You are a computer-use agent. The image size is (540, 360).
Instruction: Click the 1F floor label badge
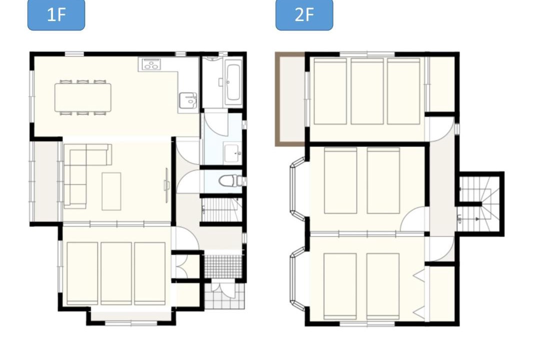pos(56,15)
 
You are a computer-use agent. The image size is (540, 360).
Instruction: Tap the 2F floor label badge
pos(304,15)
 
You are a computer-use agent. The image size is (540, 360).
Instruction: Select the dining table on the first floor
pos(83,97)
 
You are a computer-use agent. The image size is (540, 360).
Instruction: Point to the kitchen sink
pos(188,100)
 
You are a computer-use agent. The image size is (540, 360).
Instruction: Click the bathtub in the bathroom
pos(233,82)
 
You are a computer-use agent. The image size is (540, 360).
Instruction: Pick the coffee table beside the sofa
pos(111,191)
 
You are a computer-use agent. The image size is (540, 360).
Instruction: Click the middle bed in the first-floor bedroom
pos(116,273)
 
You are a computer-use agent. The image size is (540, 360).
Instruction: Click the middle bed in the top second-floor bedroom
pos(367,91)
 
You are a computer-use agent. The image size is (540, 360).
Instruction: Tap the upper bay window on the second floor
pos(298,188)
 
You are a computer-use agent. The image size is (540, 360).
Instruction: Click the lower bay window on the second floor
pos(298,278)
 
